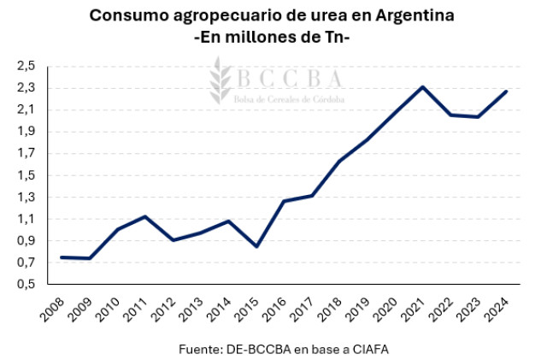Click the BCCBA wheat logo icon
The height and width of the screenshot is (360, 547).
coord(221,79)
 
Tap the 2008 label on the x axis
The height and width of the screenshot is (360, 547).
coord(52,310)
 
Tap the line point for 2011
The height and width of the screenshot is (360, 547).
coord(146,216)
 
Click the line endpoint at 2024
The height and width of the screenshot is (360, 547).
coord(507,91)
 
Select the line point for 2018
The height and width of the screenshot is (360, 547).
coord(339,161)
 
